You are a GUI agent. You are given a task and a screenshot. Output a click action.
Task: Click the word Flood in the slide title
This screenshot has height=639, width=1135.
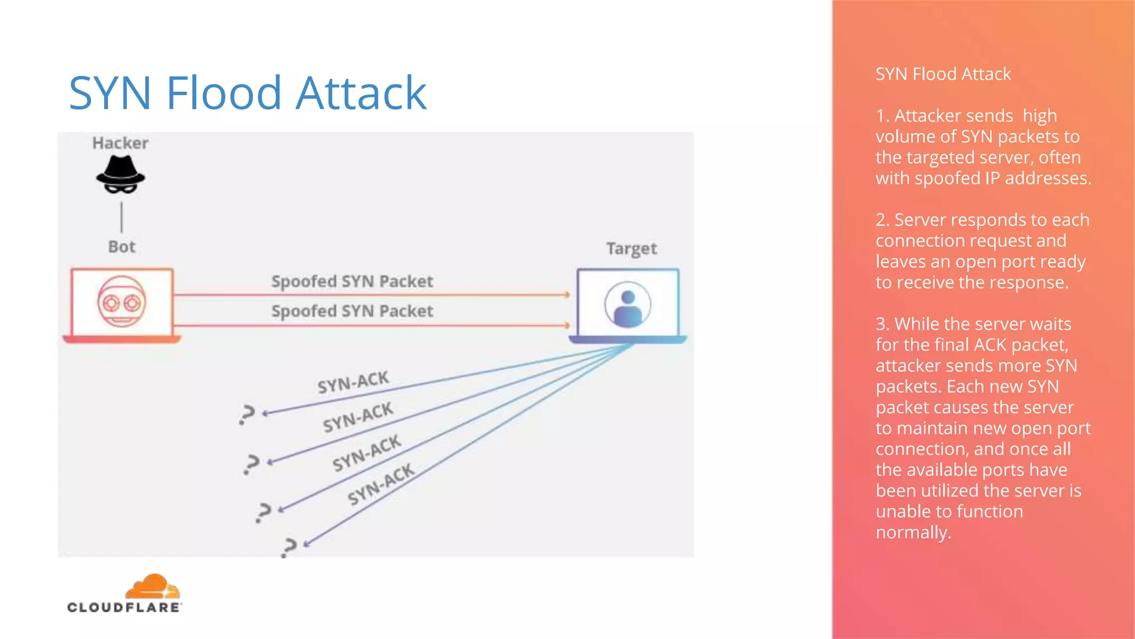[224, 93]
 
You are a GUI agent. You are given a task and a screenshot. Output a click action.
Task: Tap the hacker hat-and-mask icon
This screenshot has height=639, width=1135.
[120, 175]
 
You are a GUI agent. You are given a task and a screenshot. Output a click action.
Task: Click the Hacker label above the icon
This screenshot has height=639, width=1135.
[120, 143]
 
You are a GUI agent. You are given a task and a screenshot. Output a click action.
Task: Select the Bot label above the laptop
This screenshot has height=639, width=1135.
[121, 247]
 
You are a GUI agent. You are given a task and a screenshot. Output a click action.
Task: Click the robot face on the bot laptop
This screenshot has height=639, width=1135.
[121, 302]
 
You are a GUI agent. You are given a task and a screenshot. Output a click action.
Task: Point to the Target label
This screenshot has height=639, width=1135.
[631, 248]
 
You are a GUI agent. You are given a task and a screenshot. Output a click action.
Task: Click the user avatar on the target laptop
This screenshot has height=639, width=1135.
[627, 305]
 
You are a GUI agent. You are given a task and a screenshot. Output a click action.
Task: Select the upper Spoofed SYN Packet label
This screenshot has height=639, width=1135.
[352, 281]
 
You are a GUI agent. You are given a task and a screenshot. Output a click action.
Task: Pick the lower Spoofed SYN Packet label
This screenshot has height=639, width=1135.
[352, 311]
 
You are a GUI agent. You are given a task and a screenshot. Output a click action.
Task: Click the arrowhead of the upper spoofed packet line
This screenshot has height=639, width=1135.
[567, 295]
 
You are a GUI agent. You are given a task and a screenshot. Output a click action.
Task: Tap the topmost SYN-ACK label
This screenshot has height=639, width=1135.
[353, 382]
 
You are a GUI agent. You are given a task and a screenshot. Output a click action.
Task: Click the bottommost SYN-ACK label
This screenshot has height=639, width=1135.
[381, 484]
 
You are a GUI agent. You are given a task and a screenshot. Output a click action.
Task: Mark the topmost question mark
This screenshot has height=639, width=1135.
[247, 414]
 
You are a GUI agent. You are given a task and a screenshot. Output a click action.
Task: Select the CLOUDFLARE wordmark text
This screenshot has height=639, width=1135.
[124, 607]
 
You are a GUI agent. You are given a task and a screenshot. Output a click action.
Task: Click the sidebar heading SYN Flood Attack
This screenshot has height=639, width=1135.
[943, 74]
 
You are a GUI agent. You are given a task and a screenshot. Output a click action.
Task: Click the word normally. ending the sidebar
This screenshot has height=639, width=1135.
[913, 532]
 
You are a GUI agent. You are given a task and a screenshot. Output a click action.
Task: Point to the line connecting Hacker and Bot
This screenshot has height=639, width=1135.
[121, 217]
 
